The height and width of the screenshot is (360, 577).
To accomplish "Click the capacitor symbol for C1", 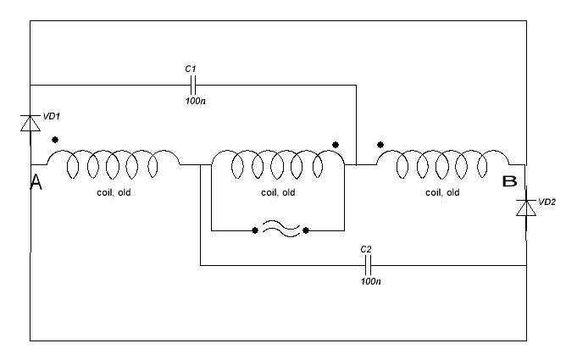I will pyautogui.click(x=192, y=85).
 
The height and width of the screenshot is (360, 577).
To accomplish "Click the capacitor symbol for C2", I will pyautogui.click(x=367, y=265).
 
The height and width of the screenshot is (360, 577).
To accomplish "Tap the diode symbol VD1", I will pyautogui.click(x=31, y=124).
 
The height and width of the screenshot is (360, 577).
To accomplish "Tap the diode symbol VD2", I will pyautogui.click(x=525, y=206).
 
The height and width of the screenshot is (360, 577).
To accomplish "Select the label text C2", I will pyautogui.click(x=366, y=250).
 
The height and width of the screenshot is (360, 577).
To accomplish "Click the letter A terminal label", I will pyautogui.click(x=36, y=181).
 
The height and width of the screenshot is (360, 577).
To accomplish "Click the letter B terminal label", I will pyautogui.click(x=509, y=181).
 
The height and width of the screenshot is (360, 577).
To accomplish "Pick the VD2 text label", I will pyautogui.click(x=546, y=202).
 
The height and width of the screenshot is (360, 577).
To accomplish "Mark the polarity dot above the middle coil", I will pyautogui.click(x=336, y=145).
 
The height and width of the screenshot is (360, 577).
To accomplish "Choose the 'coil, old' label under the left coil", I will pyautogui.click(x=114, y=192).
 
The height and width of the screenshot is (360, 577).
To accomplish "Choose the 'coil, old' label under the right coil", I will pyautogui.click(x=442, y=192).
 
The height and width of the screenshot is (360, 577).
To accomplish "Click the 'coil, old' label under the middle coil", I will pyautogui.click(x=278, y=192).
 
